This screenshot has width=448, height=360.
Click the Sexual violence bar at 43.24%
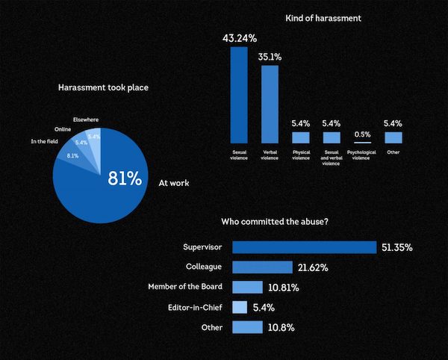(x=239, y=95)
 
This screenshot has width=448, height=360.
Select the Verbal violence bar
(x=270, y=104)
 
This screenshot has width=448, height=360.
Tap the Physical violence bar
(x=301, y=137)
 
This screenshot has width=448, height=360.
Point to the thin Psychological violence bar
(x=362, y=143)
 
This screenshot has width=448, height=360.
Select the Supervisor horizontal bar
(x=304, y=247)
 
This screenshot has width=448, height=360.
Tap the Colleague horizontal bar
(x=262, y=267)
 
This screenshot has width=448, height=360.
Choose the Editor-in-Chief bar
(x=240, y=307)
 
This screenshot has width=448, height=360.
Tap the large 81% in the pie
(x=124, y=179)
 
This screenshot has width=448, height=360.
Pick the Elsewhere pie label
(x=86, y=120)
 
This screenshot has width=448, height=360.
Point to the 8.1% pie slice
(x=73, y=155)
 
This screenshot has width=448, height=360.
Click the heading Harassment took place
(x=103, y=88)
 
